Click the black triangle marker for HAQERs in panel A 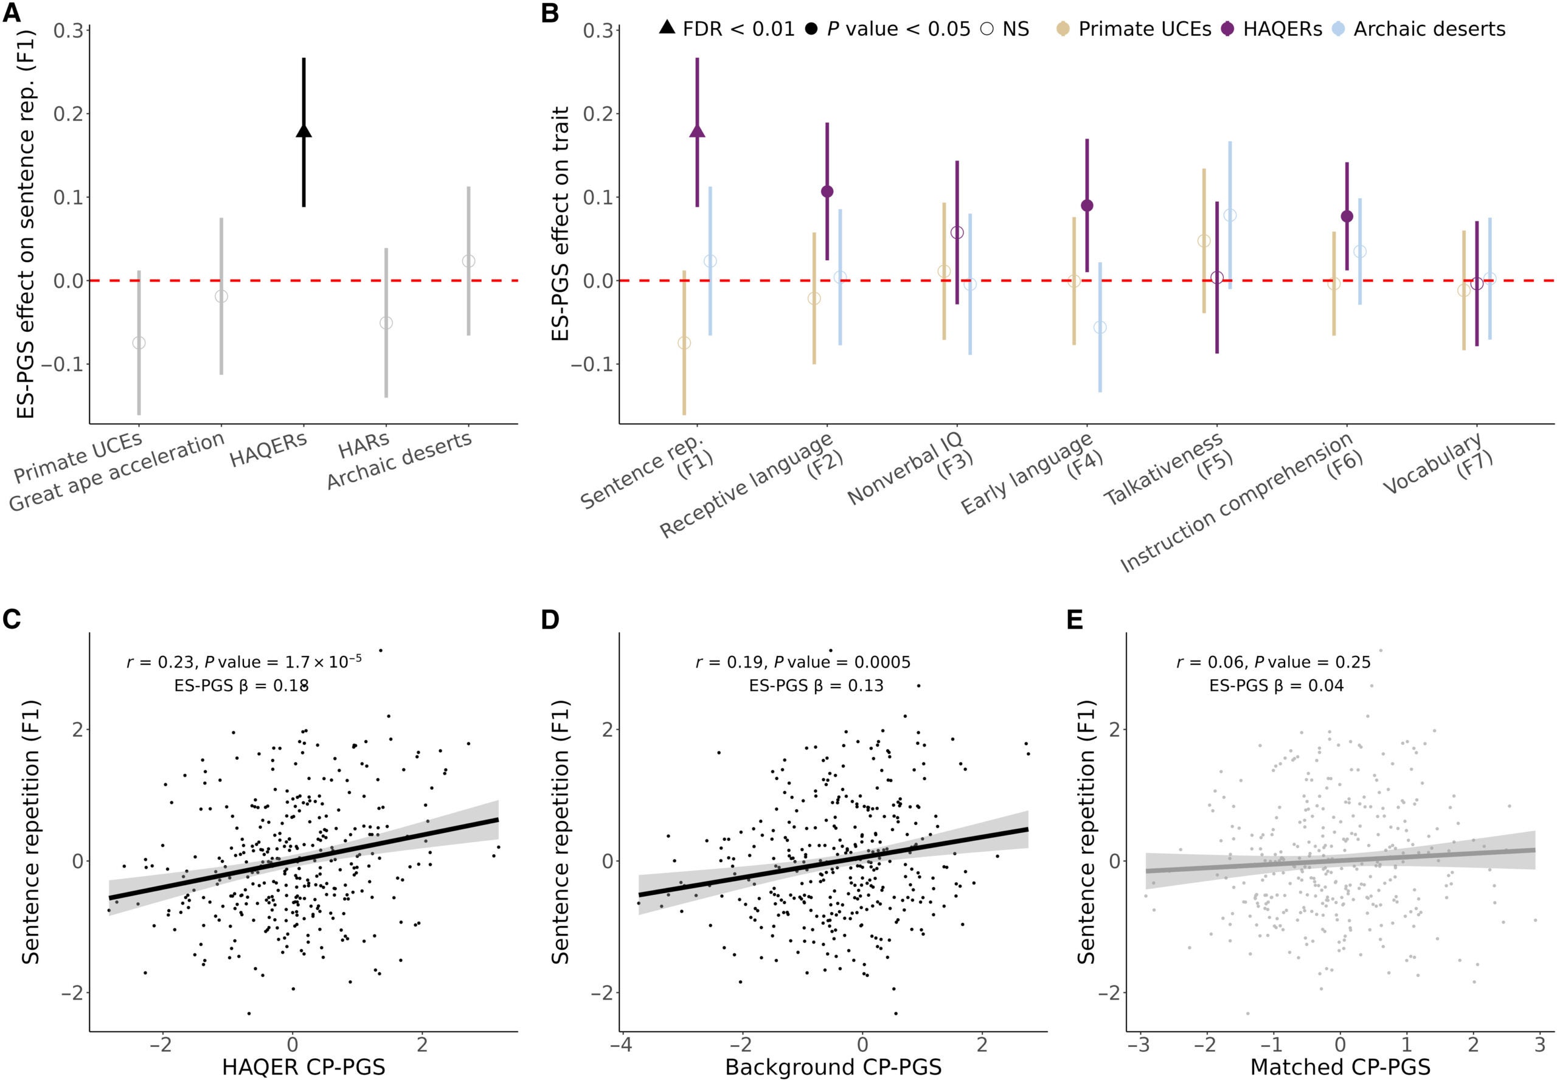tap(303, 130)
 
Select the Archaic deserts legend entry tap(1429, 29)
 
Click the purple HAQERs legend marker tap(1227, 29)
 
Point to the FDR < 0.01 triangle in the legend tap(667, 28)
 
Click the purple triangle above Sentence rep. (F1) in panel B tap(697, 130)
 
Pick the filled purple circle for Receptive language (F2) tap(827, 192)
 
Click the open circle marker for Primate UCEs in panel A tap(139, 343)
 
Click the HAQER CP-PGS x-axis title tap(303, 1067)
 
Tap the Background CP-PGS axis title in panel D tap(833, 1067)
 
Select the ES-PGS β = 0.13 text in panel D tap(816, 685)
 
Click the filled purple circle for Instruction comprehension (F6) tap(1347, 216)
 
